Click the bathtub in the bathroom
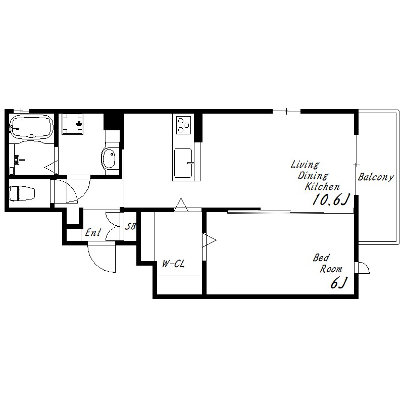[x=31, y=127]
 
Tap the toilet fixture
[x=22, y=193]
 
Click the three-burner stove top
[x=184, y=125]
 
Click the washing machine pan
[x=72, y=124]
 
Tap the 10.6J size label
[x=331, y=199]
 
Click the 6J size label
[x=338, y=283]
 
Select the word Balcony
[x=376, y=177]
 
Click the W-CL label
[x=173, y=264]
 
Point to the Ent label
[x=93, y=233]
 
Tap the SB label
[x=130, y=226]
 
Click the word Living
[x=305, y=165]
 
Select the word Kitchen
[x=322, y=186]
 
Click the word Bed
[x=321, y=258]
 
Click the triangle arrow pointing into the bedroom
[x=209, y=240]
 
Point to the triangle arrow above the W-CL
[x=181, y=205]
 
